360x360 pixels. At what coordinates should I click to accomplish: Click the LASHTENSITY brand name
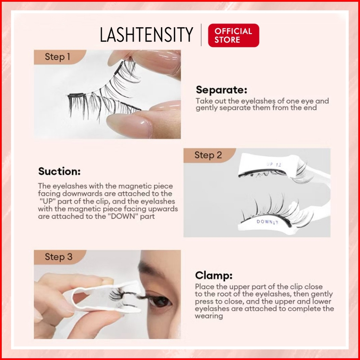tap(147, 34)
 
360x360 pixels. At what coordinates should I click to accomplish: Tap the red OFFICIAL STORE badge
tap(234, 36)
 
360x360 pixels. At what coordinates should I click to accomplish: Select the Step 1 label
tap(57, 57)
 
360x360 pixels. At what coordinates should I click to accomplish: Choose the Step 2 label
tap(208, 155)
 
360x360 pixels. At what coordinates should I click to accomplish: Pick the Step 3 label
tap(58, 257)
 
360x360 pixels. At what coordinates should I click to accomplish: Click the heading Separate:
tap(221, 89)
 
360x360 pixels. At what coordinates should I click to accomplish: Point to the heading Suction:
tap(59, 171)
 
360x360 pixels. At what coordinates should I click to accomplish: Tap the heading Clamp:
tap(213, 275)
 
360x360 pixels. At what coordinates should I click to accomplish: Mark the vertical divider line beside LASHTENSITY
tap(201, 35)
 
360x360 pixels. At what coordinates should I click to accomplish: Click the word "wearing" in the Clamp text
tap(209, 316)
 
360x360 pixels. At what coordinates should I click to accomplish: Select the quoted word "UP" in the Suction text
tap(48, 201)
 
